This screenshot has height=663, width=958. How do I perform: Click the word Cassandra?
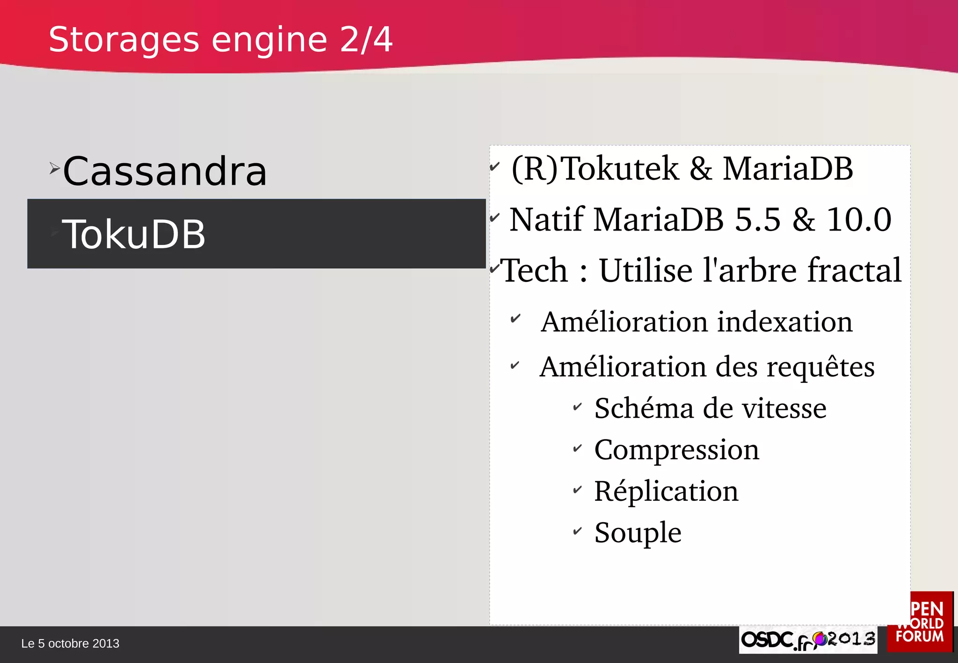165,172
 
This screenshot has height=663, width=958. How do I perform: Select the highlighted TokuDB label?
134,234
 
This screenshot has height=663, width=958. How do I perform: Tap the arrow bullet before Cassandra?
54,168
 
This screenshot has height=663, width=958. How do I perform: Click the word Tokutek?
619,168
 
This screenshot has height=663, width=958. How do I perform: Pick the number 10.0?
859,219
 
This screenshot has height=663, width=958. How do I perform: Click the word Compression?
676,450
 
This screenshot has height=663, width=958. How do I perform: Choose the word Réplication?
666,491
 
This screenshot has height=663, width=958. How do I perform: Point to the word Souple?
638,533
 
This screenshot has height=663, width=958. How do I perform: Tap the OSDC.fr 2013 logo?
808,640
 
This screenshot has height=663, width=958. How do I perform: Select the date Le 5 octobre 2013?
70,644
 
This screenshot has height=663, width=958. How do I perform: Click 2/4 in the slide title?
366,40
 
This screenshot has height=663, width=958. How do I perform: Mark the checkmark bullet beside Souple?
578,531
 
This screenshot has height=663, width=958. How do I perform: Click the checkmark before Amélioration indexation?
515,319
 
